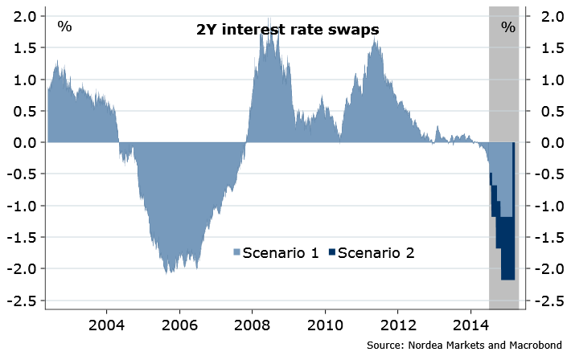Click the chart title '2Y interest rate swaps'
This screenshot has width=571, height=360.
coord(287,30)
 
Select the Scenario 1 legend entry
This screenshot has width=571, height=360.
coord(273,252)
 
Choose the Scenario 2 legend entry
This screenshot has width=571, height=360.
coord(371,252)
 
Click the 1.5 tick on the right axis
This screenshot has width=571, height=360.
coord(552,48)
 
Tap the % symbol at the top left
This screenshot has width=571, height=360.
coord(64,27)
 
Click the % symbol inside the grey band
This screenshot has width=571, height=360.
coord(507,27)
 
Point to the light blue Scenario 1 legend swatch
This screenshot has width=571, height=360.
coord(237,253)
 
